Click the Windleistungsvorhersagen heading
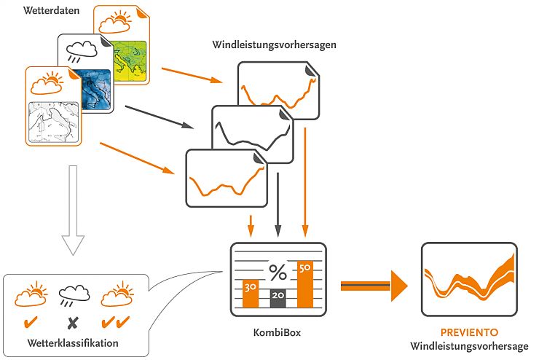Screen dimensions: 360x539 click(274, 46)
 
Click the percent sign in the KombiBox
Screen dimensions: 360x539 click(278, 273)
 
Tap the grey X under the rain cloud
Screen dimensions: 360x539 click(71, 321)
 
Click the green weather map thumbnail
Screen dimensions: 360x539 click(130, 58)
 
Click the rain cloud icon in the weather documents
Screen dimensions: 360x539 click(81, 52)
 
